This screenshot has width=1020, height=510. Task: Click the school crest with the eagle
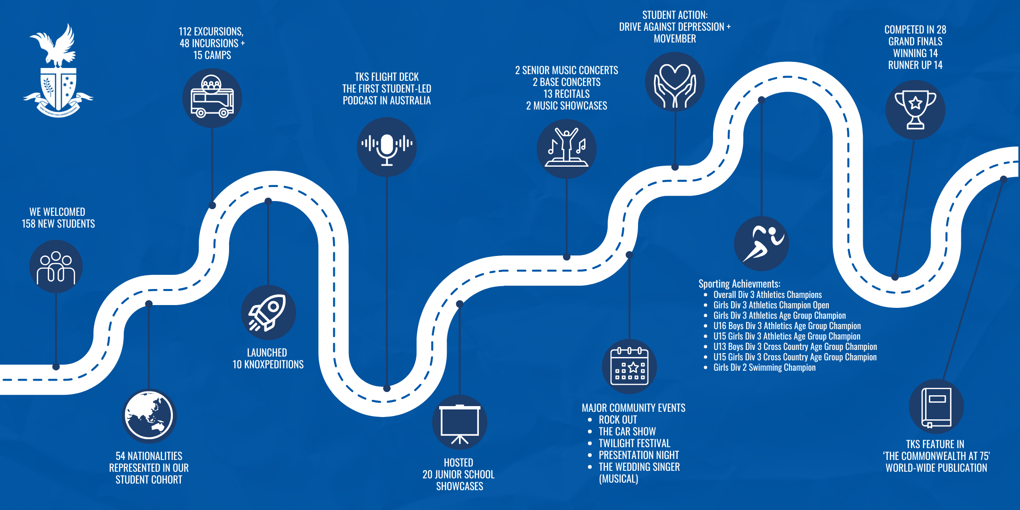coord(58,71)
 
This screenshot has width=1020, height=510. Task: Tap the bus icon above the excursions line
coord(212,98)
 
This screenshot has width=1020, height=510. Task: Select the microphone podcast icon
coord(387,147)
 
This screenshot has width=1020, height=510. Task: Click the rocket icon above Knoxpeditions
coord(268,313)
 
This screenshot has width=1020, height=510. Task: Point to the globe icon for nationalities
coord(149,416)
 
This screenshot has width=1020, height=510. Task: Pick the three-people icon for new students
coord(56,267)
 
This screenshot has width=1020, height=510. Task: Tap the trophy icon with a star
coord(915,110)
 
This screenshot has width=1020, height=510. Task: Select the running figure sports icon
coord(761,244)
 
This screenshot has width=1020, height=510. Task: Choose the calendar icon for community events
coord(629,366)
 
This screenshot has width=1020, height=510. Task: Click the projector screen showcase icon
coord(459,422)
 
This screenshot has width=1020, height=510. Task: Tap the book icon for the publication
coord(936,407)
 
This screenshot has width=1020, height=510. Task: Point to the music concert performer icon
coord(567,149)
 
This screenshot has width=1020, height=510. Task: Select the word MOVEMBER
coord(675,39)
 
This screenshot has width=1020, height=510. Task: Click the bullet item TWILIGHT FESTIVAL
coord(634,443)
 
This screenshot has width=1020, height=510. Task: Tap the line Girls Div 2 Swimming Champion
coord(764,367)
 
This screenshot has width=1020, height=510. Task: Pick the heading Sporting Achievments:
coord(739,284)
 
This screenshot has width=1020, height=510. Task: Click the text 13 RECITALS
coord(567,94)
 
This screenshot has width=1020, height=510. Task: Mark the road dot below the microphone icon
coord(387,388)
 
